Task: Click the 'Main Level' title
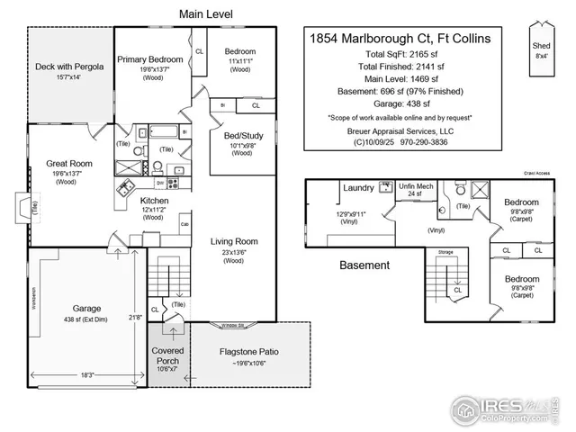tap(206, 14)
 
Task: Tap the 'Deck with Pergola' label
tap(70, 67)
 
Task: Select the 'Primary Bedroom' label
tap(150, 59)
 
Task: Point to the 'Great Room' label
tap(69, 164)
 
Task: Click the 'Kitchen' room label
tap(152, 200)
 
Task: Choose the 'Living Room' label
tap(234, 241)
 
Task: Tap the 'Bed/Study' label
tap(242, 135)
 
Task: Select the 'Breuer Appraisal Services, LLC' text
tap(400, 130)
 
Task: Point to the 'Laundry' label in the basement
tap(358, 188)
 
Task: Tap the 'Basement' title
tap(364, 265)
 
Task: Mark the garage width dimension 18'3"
tap(88, 373)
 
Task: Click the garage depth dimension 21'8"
tap(136, 317)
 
